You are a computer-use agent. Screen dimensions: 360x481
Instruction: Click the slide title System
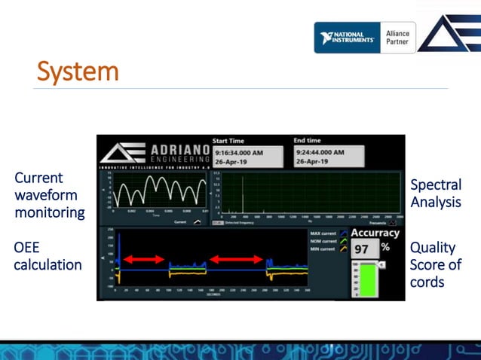[x=78, y=72]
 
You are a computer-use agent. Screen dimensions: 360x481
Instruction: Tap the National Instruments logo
[x=347, y=38]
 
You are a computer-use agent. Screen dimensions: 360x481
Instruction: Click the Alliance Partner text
[x=398, y=38]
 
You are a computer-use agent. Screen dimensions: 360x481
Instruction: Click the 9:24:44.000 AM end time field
[x=328, y=157]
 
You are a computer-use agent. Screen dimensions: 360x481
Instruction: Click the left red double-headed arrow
[x=143, y=259]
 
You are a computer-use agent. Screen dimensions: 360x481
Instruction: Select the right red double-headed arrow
[x=236, y=259]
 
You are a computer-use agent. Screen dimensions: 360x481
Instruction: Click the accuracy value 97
[x=362, y=249]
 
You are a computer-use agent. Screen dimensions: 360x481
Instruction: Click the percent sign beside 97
[x=385, y=247]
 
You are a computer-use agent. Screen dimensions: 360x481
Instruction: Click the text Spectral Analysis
[x=435, y=194]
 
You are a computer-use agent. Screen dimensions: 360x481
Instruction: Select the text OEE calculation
[x=47, y=256]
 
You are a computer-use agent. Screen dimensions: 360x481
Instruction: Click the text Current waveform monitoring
[x=50, y=195]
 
